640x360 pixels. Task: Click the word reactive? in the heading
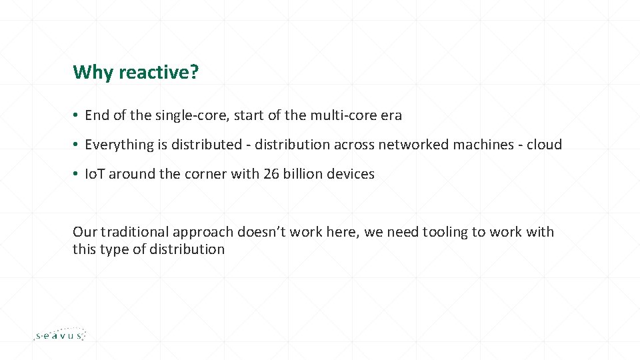(159, 72)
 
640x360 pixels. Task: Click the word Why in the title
(93, 73)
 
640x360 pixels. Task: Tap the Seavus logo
(60, 334)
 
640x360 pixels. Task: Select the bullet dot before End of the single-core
(75, 115)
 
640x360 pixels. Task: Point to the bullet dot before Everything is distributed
(75, 144)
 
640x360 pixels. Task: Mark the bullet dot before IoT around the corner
(75, 173)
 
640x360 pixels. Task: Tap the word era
(391, 116)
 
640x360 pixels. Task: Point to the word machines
(483, 145)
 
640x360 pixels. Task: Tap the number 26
(271, 174)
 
